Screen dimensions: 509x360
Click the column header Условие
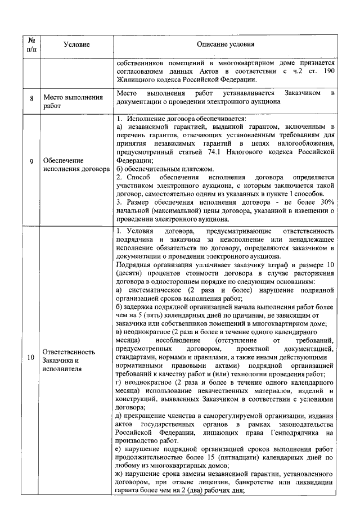pos(76,44)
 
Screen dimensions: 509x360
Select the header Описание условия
pos(225,44)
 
